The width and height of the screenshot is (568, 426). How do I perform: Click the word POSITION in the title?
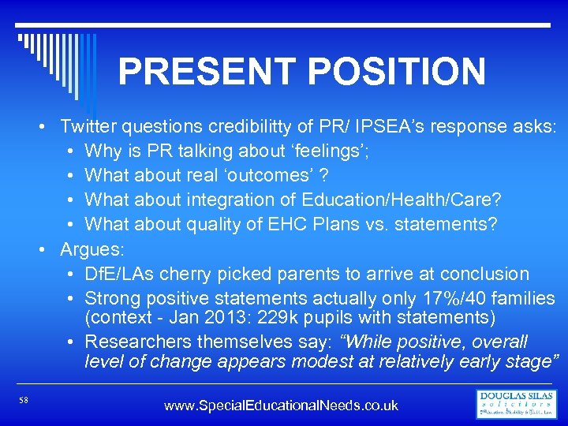[x=397, y=72]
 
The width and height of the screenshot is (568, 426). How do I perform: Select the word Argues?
[x=92, y=249]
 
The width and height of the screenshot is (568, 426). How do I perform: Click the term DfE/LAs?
[x=125, y=274]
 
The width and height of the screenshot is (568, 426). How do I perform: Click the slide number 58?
[x=24, y=401]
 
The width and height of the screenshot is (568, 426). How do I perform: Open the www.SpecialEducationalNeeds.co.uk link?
[x=281, y=405]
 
